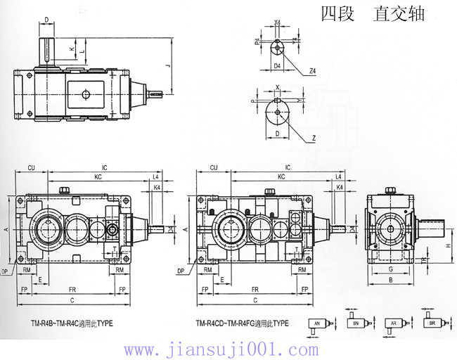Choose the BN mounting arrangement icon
coord(355,323)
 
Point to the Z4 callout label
coord(311,71)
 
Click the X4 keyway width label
coord(278,23)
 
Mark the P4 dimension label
coord(258,41)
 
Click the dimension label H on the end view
coord(448,245)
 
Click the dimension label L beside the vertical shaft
coord(82,51)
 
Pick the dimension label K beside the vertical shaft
coord(71,49)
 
